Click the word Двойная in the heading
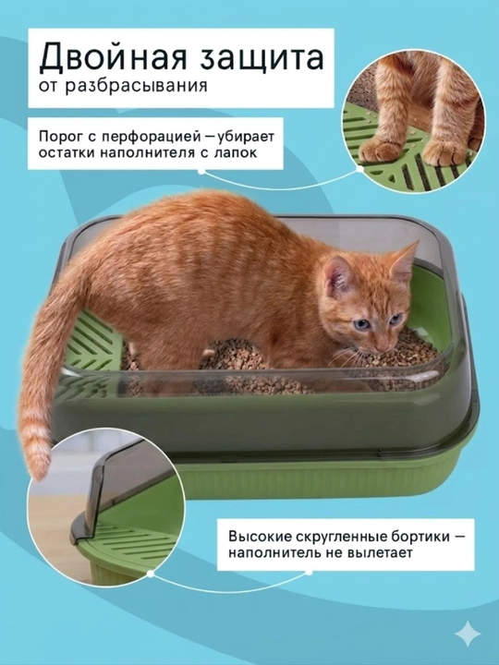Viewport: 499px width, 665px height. click(x=113, y=56)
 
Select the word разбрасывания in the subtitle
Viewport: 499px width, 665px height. click(x=137, y=86)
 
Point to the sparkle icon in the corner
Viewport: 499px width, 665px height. click(x=468, y=634)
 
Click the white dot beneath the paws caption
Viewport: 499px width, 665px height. click(x=201, y=171)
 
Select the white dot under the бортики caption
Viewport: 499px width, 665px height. click(x=309, y=573)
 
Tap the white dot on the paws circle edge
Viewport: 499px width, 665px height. click(x=359, y=169)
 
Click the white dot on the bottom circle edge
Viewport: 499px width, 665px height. click(x=151, y=574)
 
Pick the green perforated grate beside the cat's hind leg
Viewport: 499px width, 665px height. click(x=91, y=342)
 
